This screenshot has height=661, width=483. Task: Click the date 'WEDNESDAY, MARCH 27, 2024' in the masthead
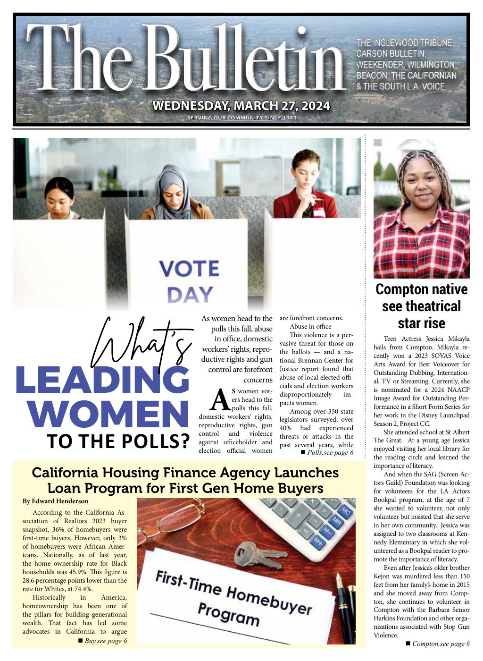[241, 105]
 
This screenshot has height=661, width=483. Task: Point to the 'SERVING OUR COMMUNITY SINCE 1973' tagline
[241, 118]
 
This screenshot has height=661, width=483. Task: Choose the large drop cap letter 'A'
[219, 400]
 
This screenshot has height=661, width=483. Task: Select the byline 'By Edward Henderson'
[55, 501]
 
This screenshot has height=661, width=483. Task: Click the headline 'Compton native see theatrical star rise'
[421, 306]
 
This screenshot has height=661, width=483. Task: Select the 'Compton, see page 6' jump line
[437, 644]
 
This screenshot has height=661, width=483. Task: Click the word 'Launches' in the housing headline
[308, 473]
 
